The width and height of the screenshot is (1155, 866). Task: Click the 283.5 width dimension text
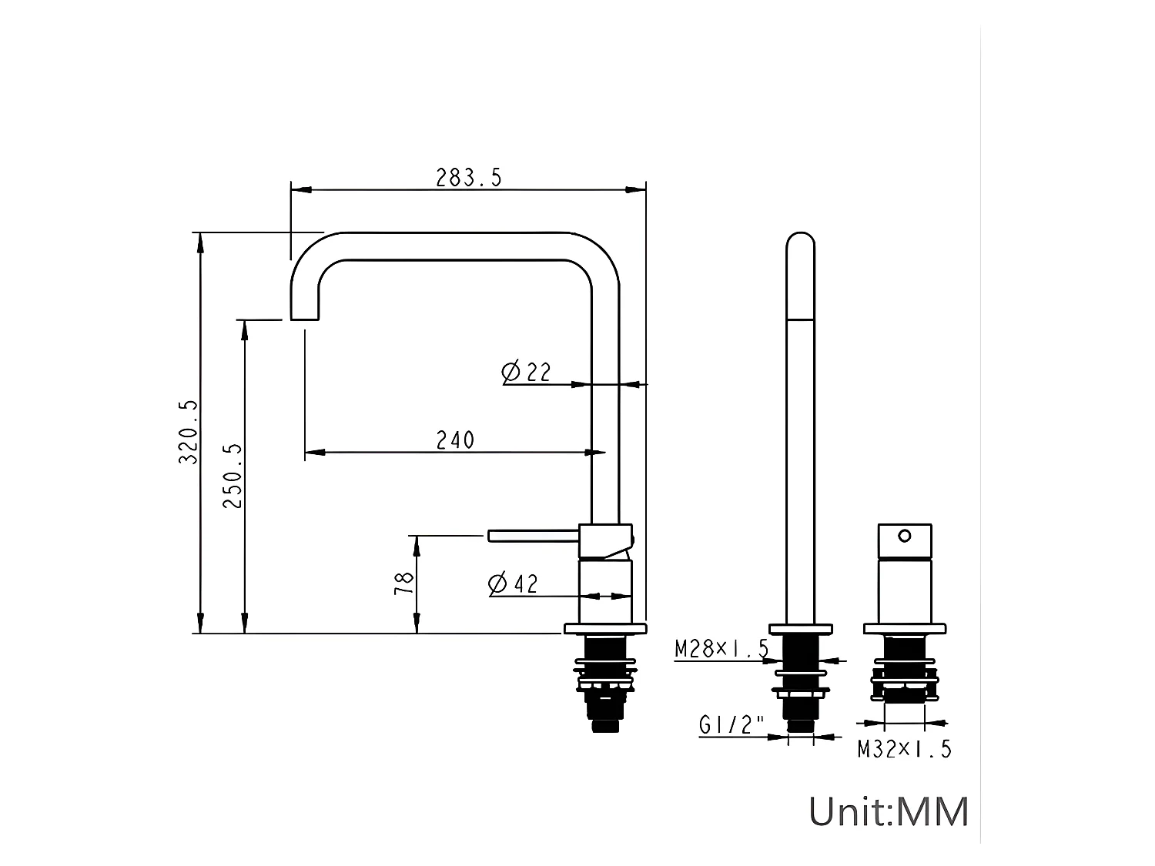tap(468, 178)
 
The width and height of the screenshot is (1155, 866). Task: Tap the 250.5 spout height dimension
tap(233, 475)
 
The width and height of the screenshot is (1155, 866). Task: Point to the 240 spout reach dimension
tap(455, 440)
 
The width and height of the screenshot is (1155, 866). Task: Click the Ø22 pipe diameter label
tap(527, 372)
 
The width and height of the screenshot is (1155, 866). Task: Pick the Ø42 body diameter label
tap(513, 584)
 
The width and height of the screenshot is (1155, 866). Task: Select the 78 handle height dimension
tap(404, 581)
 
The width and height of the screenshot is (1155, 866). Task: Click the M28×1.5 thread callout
tap(721, 649)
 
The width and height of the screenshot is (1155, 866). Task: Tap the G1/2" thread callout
tap(731, 725)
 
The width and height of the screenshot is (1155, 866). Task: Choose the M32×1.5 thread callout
tap(905, 748)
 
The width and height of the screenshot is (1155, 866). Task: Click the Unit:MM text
tap(888, 811)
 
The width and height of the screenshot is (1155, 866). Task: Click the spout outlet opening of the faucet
tap(305, 318)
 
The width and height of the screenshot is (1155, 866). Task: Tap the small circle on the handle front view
tap(905, 535)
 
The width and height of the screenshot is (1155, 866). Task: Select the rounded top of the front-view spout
tap(800, 242)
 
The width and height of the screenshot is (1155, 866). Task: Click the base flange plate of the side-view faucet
tap(604, 629)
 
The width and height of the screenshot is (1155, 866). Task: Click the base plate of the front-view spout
tap(800, 629)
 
